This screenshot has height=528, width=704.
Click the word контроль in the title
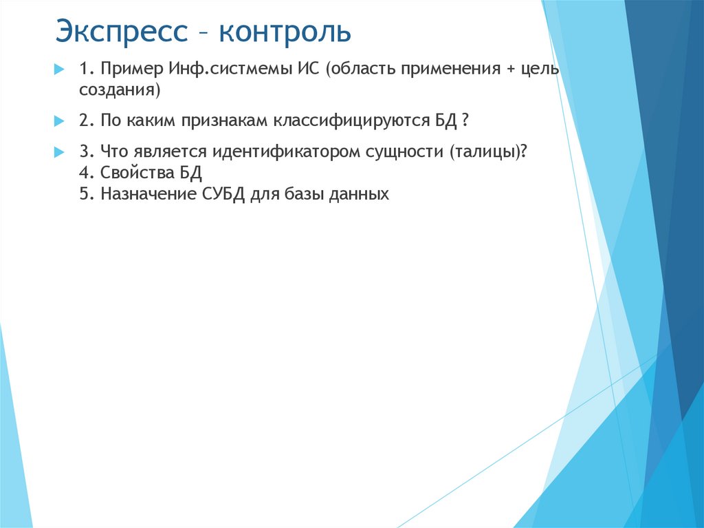(286, 32)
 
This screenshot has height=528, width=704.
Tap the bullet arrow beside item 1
(58, 70)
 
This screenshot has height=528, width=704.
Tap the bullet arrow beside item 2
(58, 120)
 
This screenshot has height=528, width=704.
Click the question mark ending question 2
(465, 120)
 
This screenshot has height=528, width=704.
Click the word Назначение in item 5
(149, 194)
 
